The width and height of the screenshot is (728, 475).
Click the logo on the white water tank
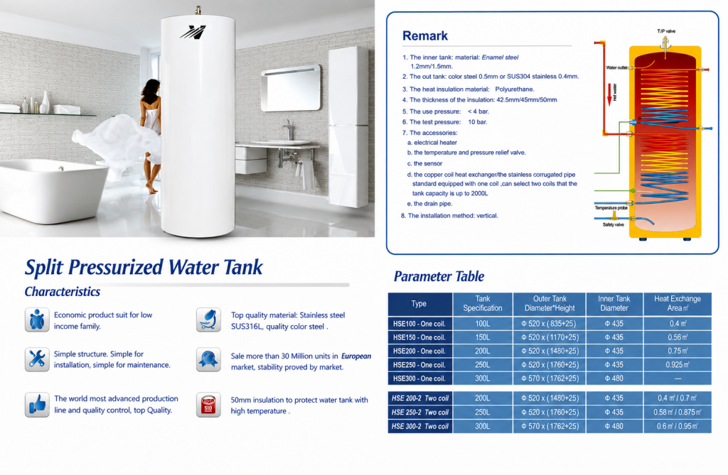pyautogui.click(x=193, y=32)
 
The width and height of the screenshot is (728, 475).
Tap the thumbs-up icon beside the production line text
pyautogui.click(x=37, y=405)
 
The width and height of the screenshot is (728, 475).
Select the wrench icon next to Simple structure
pyautogui.click(x=37, y=359)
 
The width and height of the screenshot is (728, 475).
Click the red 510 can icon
pyautogui.click(x=208, y=405)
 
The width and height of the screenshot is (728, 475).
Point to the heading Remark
pyautogui.click(x=425, y=36)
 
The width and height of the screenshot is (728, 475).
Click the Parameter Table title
pyautogui.click(x=439, y=276)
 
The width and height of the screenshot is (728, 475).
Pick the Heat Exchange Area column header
pyautogui.click(x=678, y=303)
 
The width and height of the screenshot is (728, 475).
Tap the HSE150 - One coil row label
pyautogui.click(x=419, y=337)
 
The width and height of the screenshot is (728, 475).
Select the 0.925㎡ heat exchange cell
pyautogui.click(x=678, y=365)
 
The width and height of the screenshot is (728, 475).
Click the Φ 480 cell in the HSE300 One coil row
pyautogui.click(x=614, y=378)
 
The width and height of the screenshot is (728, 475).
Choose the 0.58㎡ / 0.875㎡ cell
pyautogui.click(x=678, y=412)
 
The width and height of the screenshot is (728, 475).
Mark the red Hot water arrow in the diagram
pyautogui.click(x=609, y=95)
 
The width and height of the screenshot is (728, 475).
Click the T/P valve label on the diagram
pyautogui.click(x=666, y=31)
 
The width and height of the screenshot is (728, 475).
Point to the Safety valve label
pyautogui.click(x=614, y=224)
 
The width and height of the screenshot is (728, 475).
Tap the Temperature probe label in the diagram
pyautogui.click(x=611, y=208)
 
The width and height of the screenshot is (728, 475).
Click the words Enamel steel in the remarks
pyautogui.click(x=500, y=58)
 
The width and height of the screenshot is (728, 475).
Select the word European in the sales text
pyautogui.click(x=356, y=356)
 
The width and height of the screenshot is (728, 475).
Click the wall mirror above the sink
pyautogui.click(x=291, y=88)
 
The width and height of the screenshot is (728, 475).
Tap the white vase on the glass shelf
pyautogui.click(x=45, y=102)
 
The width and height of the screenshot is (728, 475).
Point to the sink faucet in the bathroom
pyautogui.click(x=289, y=129)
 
